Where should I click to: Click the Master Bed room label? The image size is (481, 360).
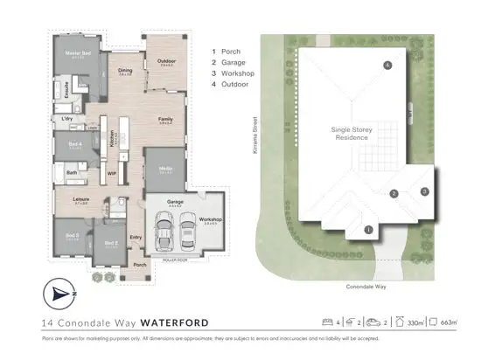click(x=77, y=54)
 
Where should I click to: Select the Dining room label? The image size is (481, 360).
click(x=126, y=71)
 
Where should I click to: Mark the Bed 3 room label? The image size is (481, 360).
click(x=72, y=236)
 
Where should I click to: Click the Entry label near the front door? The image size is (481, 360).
click(x=136, y=238)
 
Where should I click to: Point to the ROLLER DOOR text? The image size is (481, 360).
click(x=176, y=260)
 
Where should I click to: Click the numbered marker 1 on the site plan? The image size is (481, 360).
click(x=368, y=230)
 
